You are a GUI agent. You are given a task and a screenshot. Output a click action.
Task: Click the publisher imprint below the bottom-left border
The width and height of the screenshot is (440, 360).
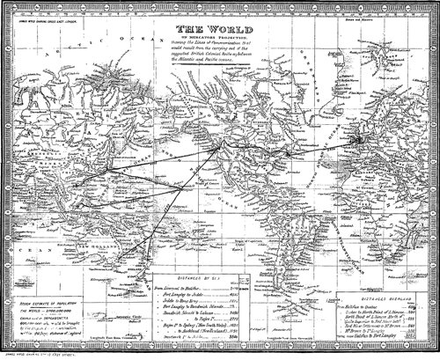pos(49,353)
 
